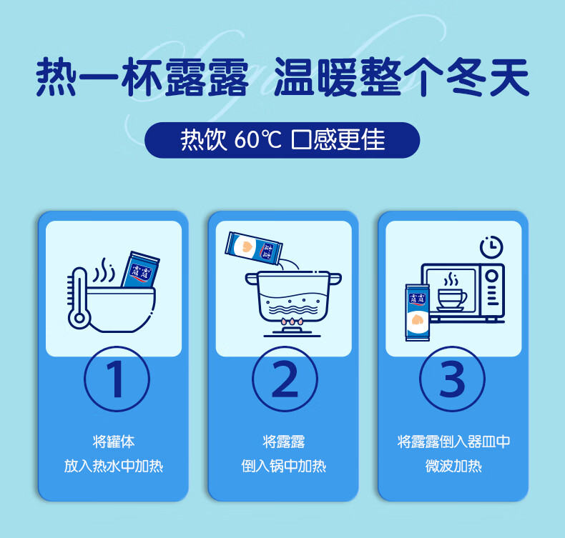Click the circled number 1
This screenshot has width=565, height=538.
point(117,379)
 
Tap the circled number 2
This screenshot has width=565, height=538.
point(285,379)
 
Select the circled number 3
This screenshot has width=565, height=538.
point(452,379)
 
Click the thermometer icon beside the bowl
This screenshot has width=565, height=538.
point(77,298)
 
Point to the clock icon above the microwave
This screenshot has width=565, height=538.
point(491,247)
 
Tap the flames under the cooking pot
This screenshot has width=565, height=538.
point(293,322)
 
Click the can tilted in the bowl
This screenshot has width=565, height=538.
point(140,269)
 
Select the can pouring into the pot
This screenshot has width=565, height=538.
point(254,248)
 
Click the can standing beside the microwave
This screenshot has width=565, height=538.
point(417,312)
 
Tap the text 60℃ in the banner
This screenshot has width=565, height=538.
point(257,139)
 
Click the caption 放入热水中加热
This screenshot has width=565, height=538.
point(114,466)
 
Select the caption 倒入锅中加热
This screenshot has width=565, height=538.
point(284,466)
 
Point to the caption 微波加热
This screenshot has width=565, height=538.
point(453,466)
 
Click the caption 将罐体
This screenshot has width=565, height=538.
point(114,442)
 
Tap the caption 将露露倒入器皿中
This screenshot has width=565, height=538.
point(453,442)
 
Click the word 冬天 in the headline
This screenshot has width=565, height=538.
point(488,77)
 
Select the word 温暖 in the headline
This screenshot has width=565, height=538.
point(315,77)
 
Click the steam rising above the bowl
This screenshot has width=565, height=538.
point(104,270)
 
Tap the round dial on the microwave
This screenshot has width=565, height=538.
point(492,276)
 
